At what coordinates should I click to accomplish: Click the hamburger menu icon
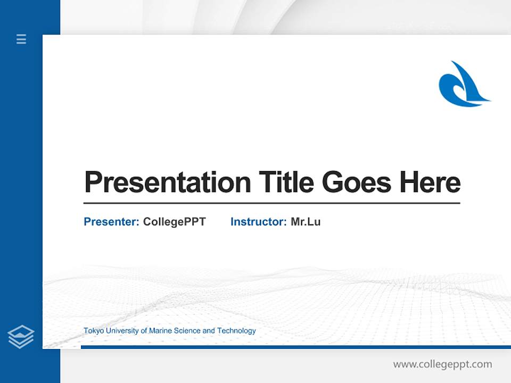pos(21,39)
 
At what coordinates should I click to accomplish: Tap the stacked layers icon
pos(21,337)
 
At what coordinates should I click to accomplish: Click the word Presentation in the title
pos(167,182)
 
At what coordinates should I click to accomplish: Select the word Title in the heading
pos(286,182)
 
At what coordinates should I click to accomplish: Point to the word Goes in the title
pos(356,182)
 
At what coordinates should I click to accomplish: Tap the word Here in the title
pos(430,182)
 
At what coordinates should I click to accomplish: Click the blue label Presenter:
pos(111,222)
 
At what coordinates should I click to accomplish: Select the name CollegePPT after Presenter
pos(174,222)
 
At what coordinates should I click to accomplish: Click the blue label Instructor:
pos(258,222)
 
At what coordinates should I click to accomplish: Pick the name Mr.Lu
pos(306,222)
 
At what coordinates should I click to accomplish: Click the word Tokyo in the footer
pos(94,331)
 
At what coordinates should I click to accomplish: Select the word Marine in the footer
pos(160,331)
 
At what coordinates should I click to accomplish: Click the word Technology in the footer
pos(236,331)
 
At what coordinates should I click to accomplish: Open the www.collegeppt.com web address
pos(442,364)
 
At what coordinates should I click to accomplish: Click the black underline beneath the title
pos(271,203)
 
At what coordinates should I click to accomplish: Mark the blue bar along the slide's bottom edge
pos(295,347)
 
